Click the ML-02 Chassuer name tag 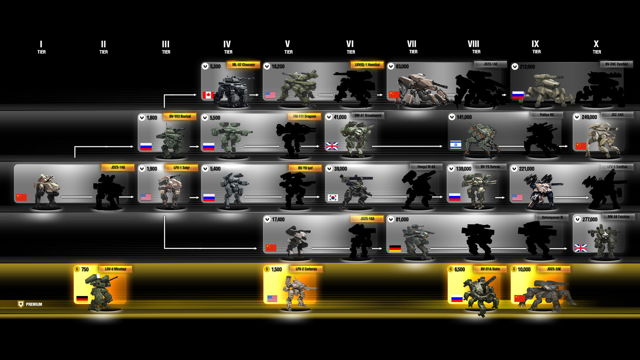pyautogui.click(x=243, y=65)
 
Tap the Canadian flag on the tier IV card pyautogui.click(x=208, y=95)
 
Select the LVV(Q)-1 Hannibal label pyautogui.click(x=367, y=65)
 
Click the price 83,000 pyautogui.click(x=402, y=67)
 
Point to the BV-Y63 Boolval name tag pyautogui.click(x=180, y=116)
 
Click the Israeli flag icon pyautogui.click(x=456, y=145)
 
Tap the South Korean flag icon pyautogui.click(x=333, y=197)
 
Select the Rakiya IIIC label pyautogui.click(x=547, y=115)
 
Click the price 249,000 pyautogui.click(x=589, y=117)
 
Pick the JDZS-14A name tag pyautogui.click(x=118, y=167)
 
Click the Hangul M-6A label pyautogui.click(x=426, y=167)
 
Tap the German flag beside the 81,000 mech pyautogui.click(x=395, y=248)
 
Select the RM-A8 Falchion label pyautogui.click(x=618, y=217)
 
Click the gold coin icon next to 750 pyautogui.click(x=77, y=269)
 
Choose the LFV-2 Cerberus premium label pyautogui.click(x=306, y=269)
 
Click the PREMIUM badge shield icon pyautogui.click(x=21, y=304)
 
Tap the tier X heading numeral pyautogui.click(x=596, y=44)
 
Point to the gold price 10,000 pyautogui.click(x=524, y=269)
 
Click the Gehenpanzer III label pyautogui.click(x=552, y=217)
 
